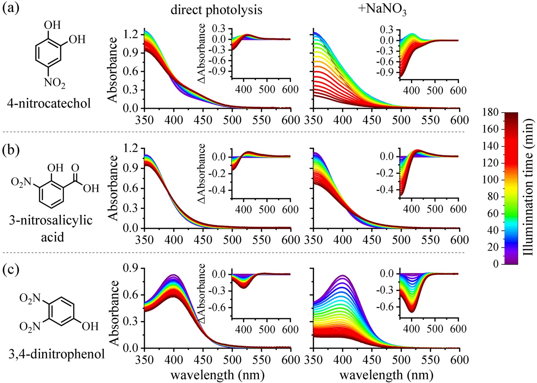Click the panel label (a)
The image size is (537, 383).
[x=11, y=8]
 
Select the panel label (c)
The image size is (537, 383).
[x=11, y=269]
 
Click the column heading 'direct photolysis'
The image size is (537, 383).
[x=216, y=10]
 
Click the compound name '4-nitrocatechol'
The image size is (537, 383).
[x=49, y=103]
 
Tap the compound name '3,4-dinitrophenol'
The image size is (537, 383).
[x=56, y=354]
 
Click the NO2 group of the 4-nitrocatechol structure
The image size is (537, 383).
[x=55, y=83]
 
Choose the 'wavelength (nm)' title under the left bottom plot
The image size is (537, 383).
[x=218, y=375]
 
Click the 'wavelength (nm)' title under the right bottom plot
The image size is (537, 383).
[x=386, y=375]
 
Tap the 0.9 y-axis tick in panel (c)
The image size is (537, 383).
[x=131, y=268]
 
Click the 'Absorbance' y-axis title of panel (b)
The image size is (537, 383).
[x=114, y=188]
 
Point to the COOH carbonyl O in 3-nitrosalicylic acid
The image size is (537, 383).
[x=75, y=168]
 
